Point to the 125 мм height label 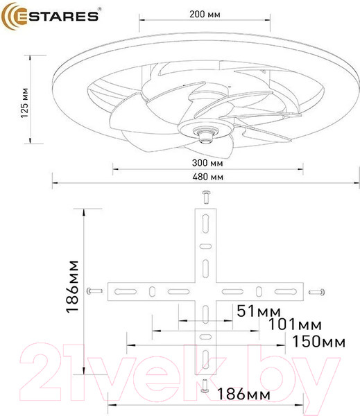pyautogui.click(x=24, y=101)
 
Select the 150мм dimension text pyautogui.click(x=318, y=342)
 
